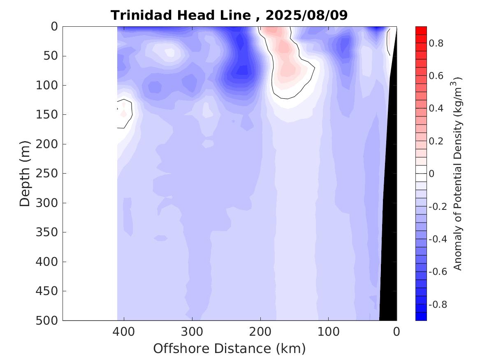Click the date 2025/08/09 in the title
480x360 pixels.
click(x=306, y=15)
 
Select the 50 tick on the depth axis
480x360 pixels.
click(x=52, y=56)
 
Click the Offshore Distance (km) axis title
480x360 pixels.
click(x=230, y=348)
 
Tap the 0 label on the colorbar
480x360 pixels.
click(x=432, y=174)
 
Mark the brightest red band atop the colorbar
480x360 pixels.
click(x=421, y=30)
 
